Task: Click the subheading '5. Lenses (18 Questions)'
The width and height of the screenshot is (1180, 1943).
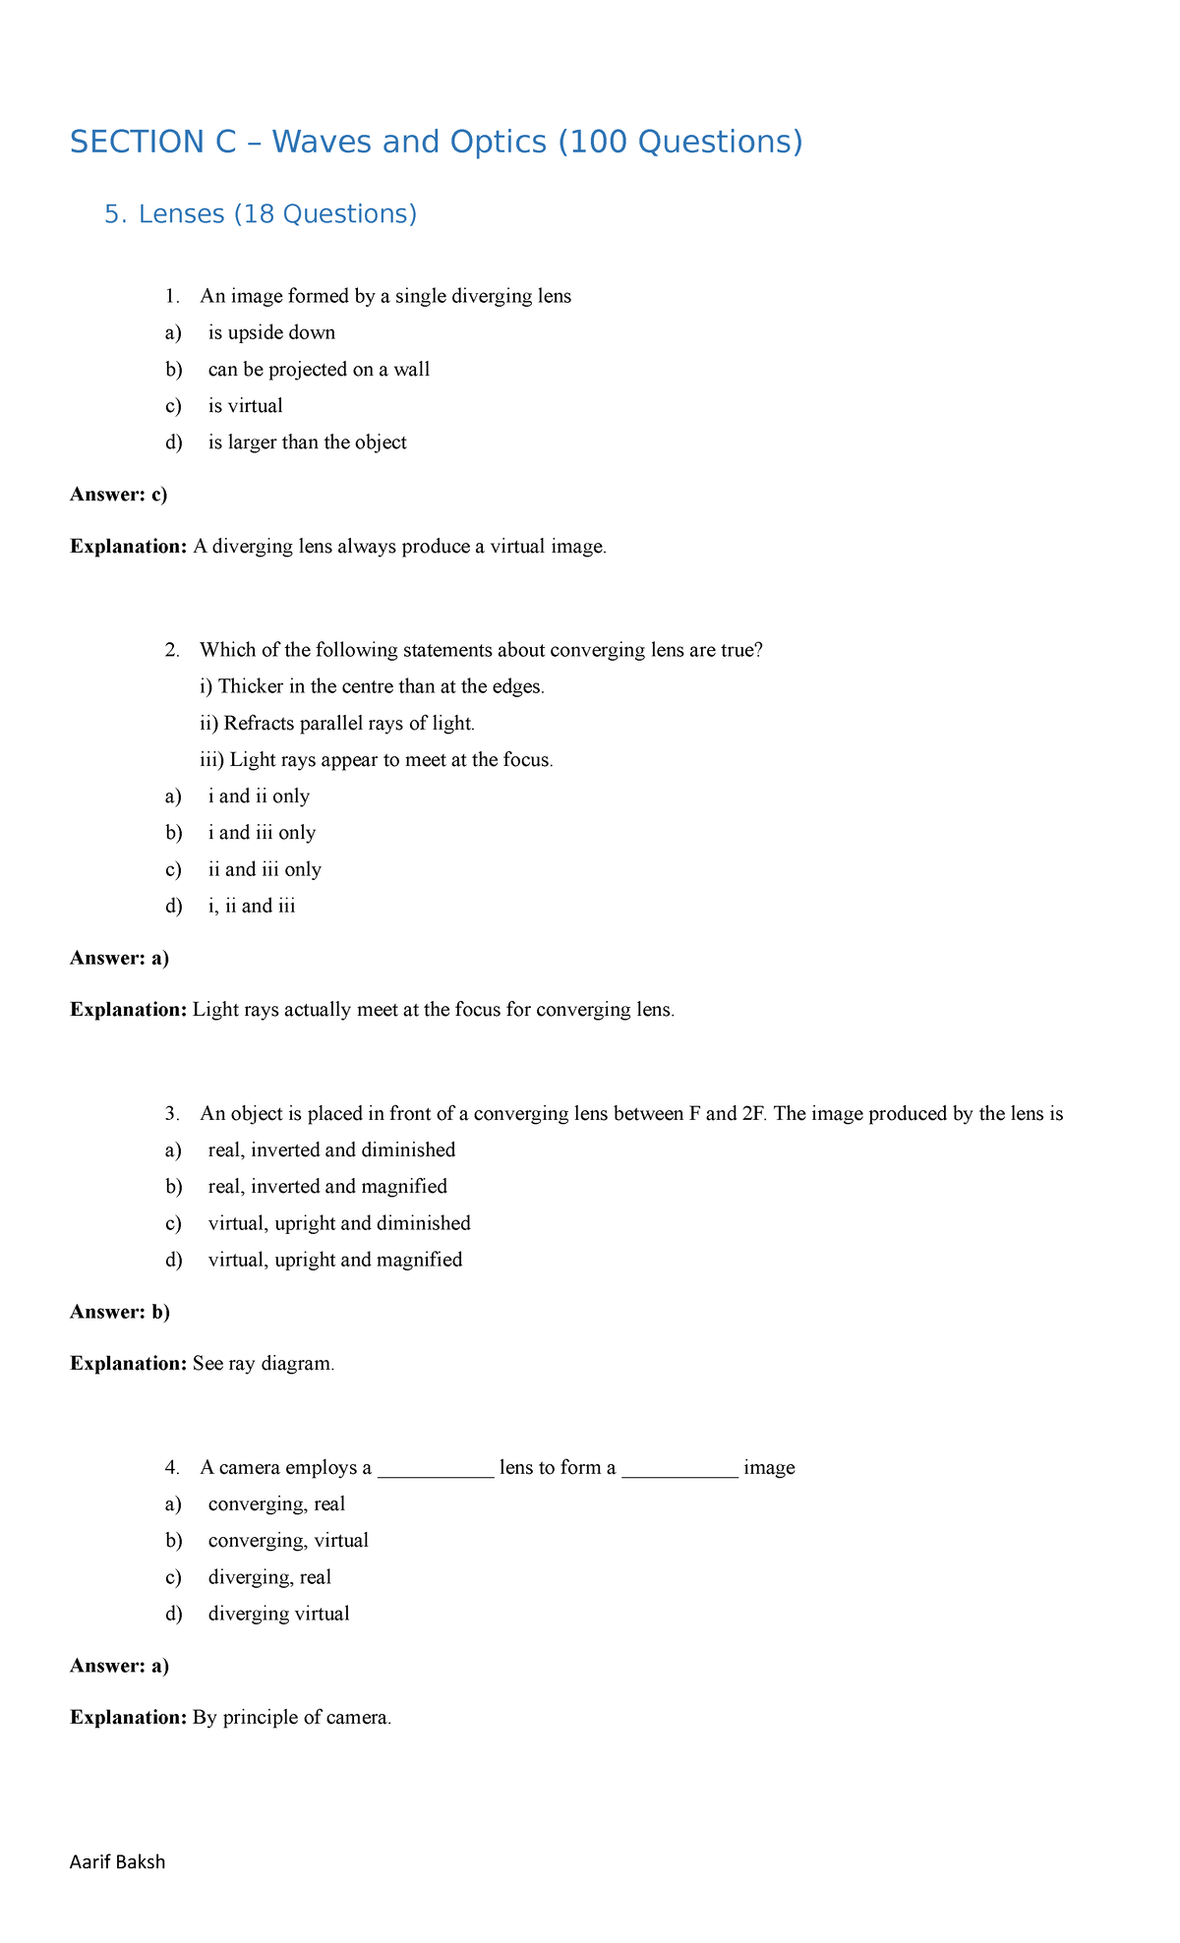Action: (261, 214)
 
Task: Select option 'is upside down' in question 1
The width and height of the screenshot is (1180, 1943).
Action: (271, 333)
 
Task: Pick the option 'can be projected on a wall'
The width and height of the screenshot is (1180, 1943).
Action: (319, 370)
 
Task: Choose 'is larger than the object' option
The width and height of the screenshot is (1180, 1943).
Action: (307, 442)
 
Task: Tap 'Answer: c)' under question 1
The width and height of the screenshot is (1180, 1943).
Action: (119, 495)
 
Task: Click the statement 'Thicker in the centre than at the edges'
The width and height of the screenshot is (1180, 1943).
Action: (372, 686)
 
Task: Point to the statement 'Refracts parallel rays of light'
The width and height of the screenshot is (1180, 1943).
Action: (337, 724)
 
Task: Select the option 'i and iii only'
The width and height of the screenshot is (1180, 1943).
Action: (262, 833)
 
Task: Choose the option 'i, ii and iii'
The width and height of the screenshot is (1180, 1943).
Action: (252, 906)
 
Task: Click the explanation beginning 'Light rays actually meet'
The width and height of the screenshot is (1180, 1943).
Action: (433, 1010)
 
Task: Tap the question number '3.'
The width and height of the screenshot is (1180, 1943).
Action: (173, 1114)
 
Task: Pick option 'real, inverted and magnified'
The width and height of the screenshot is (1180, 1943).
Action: (327, 1187)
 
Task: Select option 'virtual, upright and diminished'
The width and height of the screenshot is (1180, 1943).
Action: (339, 1223)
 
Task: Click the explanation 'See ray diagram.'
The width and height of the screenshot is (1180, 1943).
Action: (264, 1364)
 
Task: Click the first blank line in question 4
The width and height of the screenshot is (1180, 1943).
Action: (436, 1469)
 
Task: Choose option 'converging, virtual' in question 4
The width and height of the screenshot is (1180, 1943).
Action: (288, 1541)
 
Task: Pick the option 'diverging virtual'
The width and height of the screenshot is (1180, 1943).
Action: (278, 1614)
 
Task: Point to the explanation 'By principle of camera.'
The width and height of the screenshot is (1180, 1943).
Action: (292, 1718)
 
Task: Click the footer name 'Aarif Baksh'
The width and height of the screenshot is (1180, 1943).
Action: (118, 1862)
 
